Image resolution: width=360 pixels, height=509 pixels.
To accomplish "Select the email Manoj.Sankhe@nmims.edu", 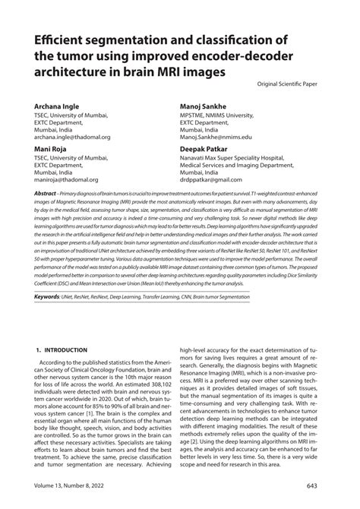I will click(x=225, y=137).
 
